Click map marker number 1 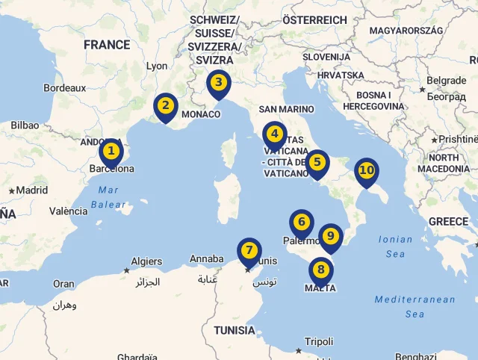(111, 152)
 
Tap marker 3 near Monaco (218, 83)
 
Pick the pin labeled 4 (275, 135)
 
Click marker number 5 (317, 163)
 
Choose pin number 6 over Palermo (302, 223)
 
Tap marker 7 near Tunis (249, 251)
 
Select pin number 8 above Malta (321, 270)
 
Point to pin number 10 (366, 171)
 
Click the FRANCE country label (107, 45)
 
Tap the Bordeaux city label (65, 87)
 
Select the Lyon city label (157, 66)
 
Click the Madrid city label (32, 190)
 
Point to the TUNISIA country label (235, 330)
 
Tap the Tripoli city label (319, 341)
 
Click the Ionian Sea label (395, 246)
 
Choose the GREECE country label (448, 222)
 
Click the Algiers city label (146, 261)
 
